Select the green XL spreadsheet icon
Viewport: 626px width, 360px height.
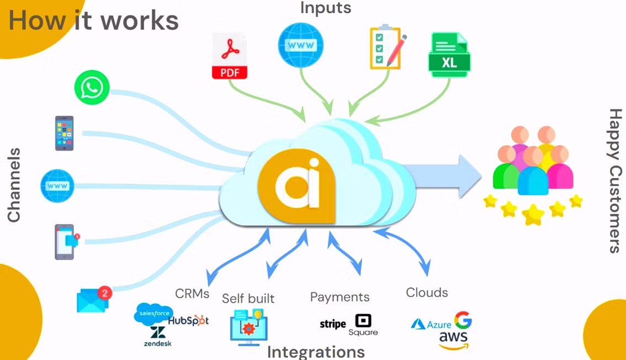449,56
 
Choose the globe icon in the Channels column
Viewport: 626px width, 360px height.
57,186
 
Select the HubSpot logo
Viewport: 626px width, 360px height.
188,320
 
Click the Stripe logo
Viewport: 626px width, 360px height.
333,324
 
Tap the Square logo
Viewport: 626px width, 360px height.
363,325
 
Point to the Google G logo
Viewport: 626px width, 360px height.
463,320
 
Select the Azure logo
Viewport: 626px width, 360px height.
431,324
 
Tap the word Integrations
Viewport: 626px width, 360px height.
316,352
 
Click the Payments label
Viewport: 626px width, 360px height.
339,297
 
